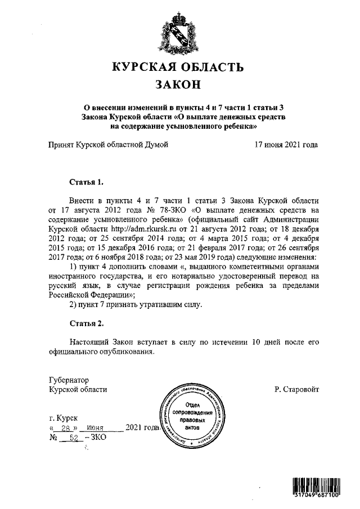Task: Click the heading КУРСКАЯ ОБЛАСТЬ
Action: (x=179, y=68)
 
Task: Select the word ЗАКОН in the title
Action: (x=178, y=85)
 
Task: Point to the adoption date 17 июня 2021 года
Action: (x=286, y=145)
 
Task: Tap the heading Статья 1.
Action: (x=86, y=183)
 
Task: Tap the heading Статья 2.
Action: (x=86, y=325)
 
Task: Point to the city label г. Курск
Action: (x=64, y=417)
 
